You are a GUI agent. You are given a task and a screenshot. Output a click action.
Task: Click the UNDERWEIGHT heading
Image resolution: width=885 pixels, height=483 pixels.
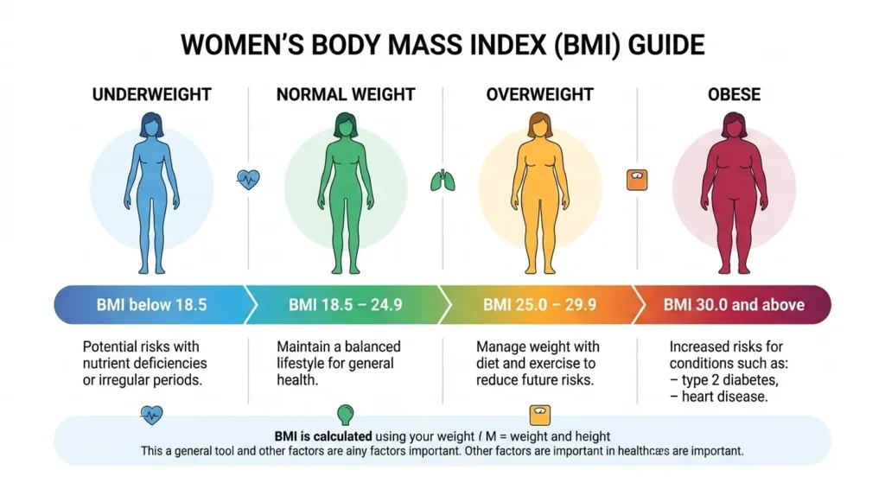tap(152, 93)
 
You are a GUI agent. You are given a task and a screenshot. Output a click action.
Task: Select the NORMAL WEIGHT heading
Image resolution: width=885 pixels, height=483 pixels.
tap(346, 93)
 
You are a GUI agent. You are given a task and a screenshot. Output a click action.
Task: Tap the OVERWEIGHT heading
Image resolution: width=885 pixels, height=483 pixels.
tap(539, 93)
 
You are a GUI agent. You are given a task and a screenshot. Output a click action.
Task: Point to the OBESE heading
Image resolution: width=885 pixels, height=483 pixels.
tap(735, 93)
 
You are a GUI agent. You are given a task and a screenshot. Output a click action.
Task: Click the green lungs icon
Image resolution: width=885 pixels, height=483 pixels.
tap(442, 180)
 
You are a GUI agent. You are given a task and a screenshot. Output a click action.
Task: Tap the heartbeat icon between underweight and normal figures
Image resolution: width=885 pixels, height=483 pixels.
tap(248, 180)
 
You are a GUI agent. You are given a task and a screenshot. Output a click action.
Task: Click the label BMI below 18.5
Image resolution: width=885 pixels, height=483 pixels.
tap(152, 305)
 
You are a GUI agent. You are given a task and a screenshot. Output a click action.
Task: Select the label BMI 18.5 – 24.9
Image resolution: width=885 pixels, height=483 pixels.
tap(346, 305)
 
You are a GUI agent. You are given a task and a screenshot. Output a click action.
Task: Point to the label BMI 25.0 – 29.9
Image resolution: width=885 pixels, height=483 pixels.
tap(539, 305)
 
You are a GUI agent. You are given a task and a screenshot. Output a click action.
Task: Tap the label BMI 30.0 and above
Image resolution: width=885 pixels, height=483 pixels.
tap(734, 305)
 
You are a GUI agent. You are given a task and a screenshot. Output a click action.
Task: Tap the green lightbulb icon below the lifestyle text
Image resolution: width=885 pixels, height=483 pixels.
tap(345, 413)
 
